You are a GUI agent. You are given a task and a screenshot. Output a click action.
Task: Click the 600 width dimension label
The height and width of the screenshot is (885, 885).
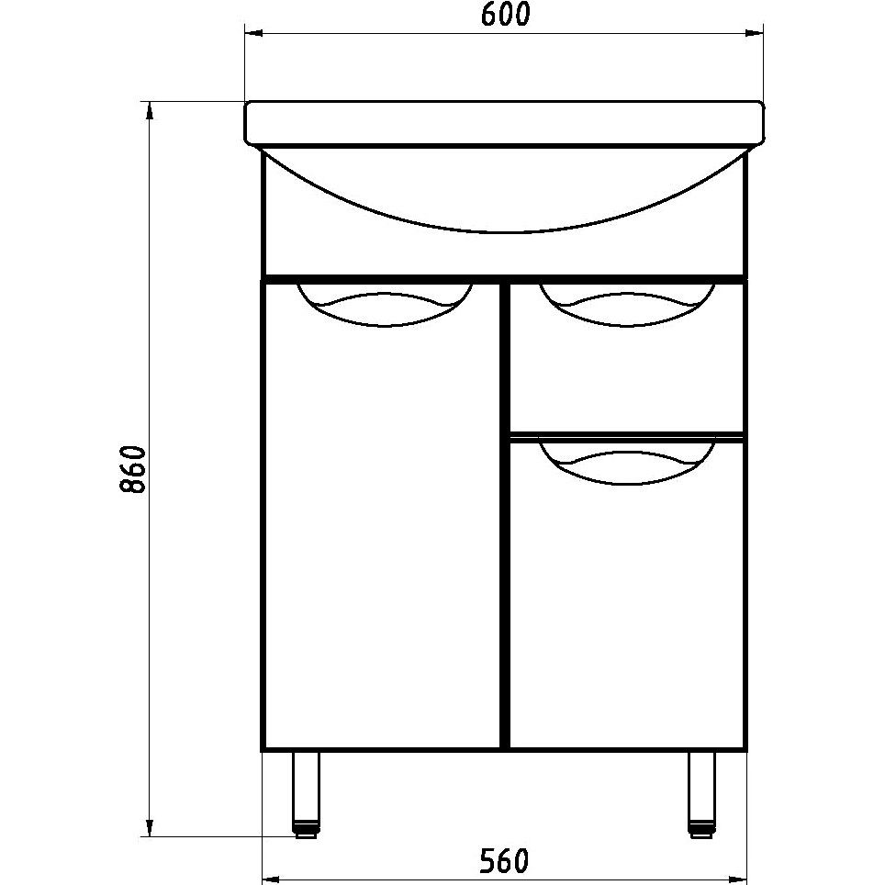(505, 15)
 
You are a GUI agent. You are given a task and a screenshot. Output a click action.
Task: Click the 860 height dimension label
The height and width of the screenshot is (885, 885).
(133, 470)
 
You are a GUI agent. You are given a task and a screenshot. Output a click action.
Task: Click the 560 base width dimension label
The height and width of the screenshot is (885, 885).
(505, 861)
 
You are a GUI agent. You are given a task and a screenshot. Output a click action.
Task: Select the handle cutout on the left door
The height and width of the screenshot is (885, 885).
(385, 306)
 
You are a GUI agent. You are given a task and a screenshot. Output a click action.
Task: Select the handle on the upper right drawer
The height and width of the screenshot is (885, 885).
(627, 306)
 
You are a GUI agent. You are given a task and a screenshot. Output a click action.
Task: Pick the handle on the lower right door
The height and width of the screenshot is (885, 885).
(627, 464)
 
